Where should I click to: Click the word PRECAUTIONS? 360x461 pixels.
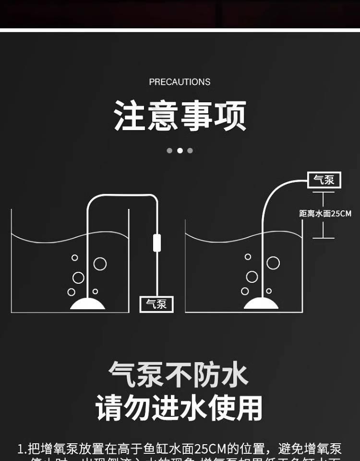click(x=180, y=82)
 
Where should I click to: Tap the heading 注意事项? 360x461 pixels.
click(x=180, y=116)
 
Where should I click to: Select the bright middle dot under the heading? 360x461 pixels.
click(x=180, y=150)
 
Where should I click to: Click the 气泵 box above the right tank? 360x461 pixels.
click(x=324, y=180)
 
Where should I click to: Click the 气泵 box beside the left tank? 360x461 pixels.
click(x=156, y=304)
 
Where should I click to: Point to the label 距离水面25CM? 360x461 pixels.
click(x=325, y=214)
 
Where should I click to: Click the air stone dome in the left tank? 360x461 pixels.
click(x=87, y=303)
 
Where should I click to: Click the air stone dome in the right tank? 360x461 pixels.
click(x=261, y=303)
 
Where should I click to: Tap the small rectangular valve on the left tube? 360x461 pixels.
click(x=156, y=243)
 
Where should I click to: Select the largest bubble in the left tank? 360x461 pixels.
click(x=100, y=264)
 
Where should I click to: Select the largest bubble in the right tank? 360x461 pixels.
click(x=273, y=263)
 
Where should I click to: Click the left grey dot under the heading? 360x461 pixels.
click(x=169, y=150)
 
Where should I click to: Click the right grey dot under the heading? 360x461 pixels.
click(x=190, y=150)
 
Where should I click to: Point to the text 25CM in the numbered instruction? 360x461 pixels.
click(x=210, y=449)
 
